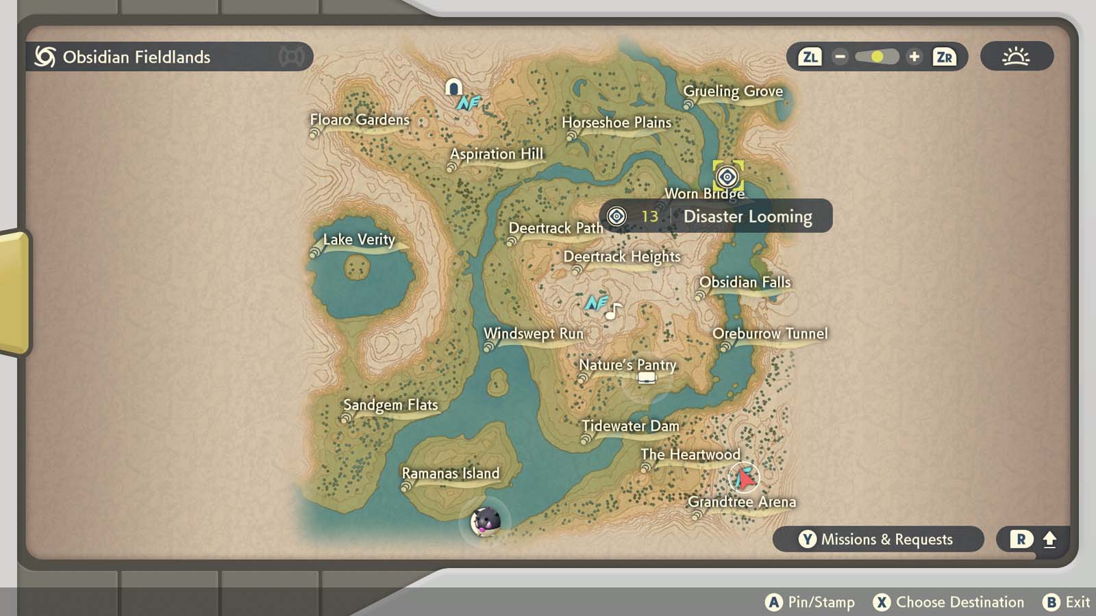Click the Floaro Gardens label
click(x=360, y=120)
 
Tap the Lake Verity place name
click(x=359, y=240)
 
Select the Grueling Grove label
click(x=733, y=91)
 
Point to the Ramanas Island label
click(x=450, y=473)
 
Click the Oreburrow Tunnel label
click(x=770, y=333)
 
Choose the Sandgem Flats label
click(x=390, y=405)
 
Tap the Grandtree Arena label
click(x=742, y=502)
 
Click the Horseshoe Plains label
click(x=616, y=123)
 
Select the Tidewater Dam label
click(x=630, y=426)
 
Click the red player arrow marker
click(x=744, y=478)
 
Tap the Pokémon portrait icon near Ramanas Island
click(x=486, y=522)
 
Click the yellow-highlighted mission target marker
click(x=727, y=177)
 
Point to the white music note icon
click(x=613, y=311)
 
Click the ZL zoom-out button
click(x=810, y=57)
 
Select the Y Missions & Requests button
click(x=877, y=539)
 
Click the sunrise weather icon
click(x=1016, y=56)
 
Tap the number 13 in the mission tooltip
click(x=649, y=216)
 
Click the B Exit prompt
click(x=1067, y=602)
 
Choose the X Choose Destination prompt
click(x=949, y=602)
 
